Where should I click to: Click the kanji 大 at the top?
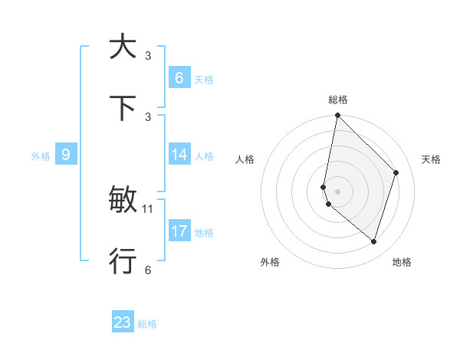click(x=123, y=47)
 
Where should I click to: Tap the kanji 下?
click(x=123, y=109)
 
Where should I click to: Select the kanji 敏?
click(x=123, y=201)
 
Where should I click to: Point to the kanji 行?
click(x=123, y=261)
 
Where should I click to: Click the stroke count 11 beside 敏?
click(x=149, y=208)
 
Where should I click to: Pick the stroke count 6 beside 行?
click(x=148, y=270)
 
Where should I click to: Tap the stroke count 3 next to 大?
click(x=148, y=56)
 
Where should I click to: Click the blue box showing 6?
click(x=179, y=77)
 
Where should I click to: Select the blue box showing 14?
click(x=179, y=155)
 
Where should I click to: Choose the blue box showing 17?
click(x=179, y=231)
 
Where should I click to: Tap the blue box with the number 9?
click(x=66, y=155)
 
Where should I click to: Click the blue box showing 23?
click(x=123, y=322)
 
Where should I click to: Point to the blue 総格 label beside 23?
click(x=147, y=324)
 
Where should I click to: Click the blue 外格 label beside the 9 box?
click(x=41, y=156)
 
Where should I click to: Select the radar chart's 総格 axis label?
click(x=338, y=100)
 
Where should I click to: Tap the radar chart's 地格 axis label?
click(x=402, y=262)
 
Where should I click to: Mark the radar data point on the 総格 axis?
click(x=337, y=116)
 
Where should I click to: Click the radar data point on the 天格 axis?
click(x=396, y=172)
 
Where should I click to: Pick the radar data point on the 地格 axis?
click(x=373, y=242)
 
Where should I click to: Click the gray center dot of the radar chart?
click(x=337, y=191)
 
